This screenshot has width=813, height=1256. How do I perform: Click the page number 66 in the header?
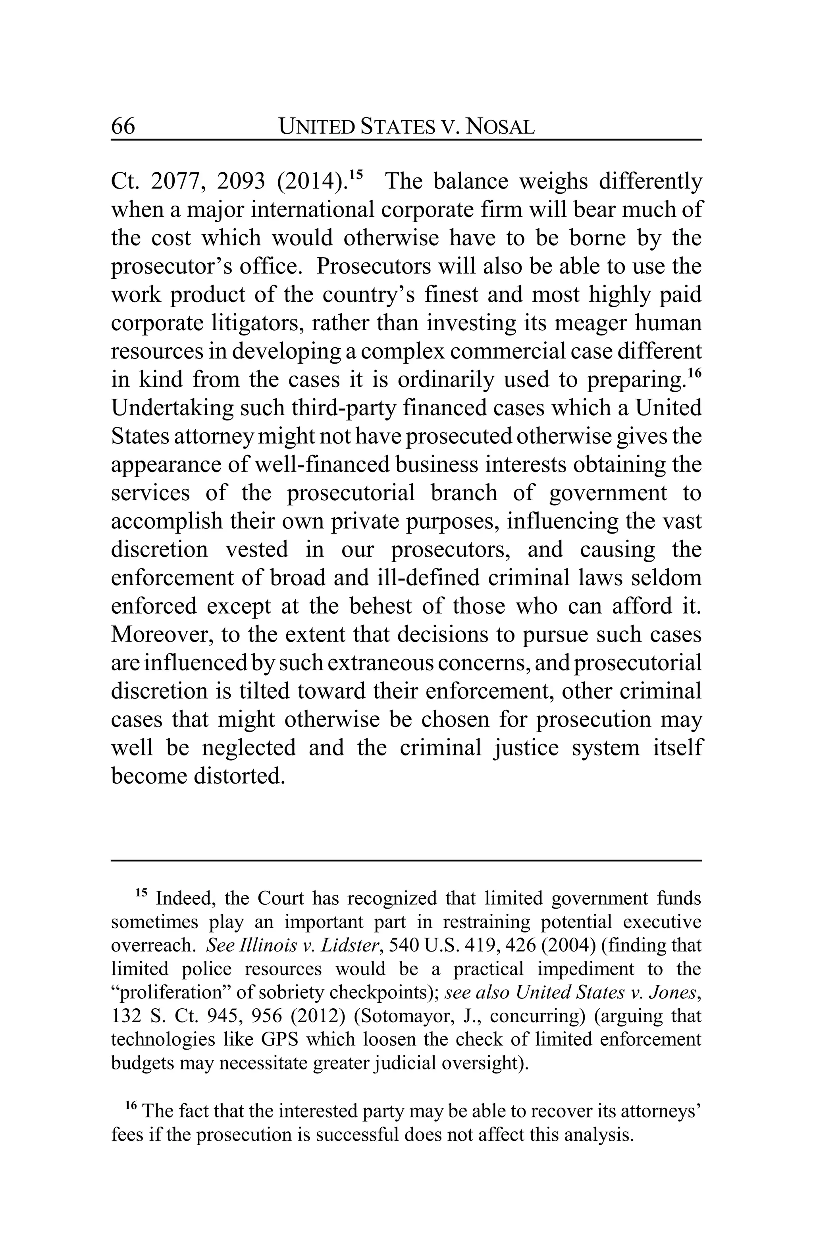[123, 127]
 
